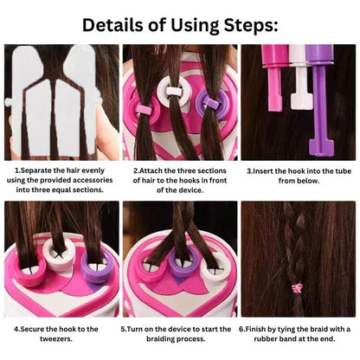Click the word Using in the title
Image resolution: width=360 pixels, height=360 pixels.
[195, 26]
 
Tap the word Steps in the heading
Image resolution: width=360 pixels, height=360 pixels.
[251, 26]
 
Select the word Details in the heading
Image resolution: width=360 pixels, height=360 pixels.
[112, 25]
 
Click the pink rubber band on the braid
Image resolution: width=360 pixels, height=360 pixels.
[296, 288]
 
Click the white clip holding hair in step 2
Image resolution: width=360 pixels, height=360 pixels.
[174, 91]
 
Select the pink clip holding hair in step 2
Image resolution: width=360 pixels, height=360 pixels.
[144, 109]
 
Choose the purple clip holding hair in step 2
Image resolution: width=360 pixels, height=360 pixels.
[212, 102]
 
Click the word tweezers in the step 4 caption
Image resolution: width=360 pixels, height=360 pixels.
[56, 338]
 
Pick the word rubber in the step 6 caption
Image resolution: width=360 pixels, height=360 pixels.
[265, 338]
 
